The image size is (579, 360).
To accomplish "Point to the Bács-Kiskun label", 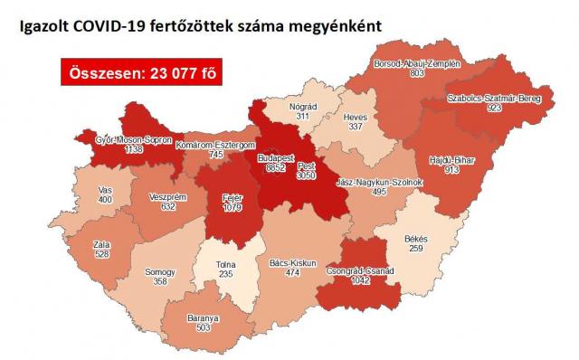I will pyautogui.click(x=289, y=263).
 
